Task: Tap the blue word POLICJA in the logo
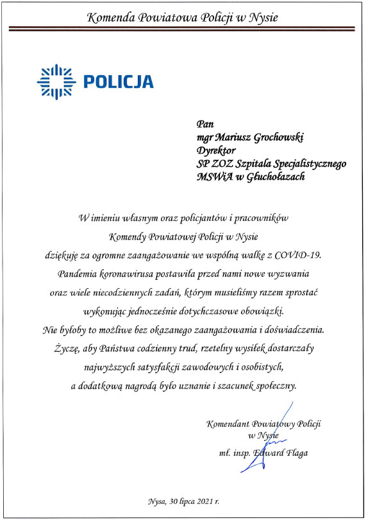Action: tap(119, 82)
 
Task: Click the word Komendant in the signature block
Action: tap(229, 424)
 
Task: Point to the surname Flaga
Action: tap(295, 453)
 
